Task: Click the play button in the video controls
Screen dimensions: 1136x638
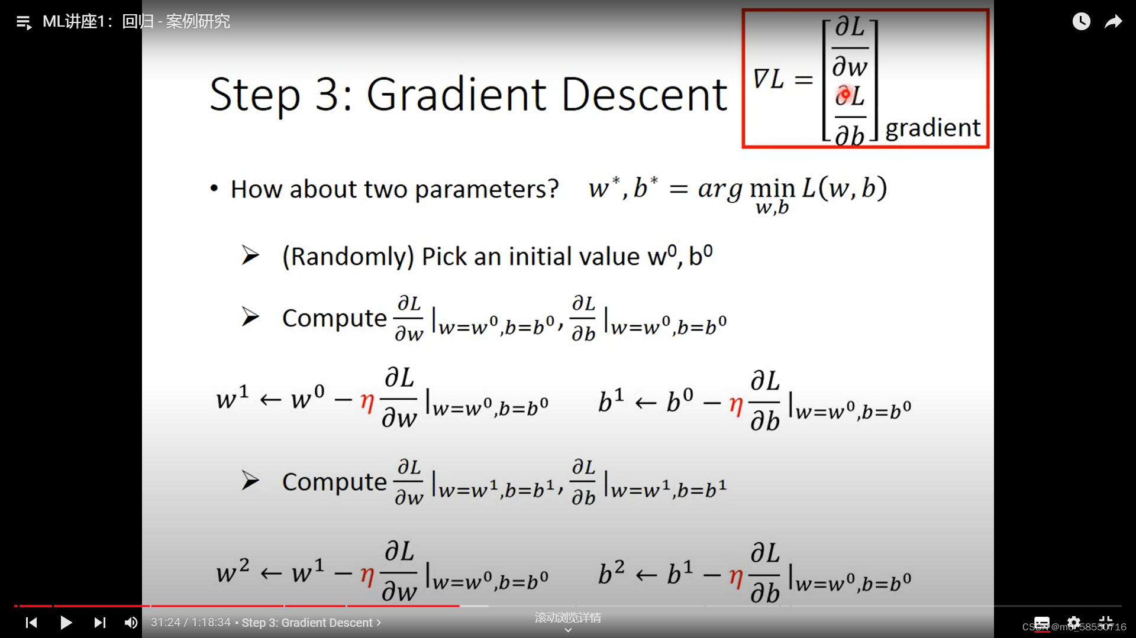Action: point(66,623)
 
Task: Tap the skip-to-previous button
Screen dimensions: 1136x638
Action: point(31,623)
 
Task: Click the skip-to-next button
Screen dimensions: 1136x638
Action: point(100,623)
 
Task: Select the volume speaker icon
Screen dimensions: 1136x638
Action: point(131,623)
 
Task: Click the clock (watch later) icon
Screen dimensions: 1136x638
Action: point(1081,22)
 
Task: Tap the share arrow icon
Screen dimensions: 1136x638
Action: point(1114,22)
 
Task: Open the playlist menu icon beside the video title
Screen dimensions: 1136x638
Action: point(24,23)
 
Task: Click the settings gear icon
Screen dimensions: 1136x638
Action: point(1074,623)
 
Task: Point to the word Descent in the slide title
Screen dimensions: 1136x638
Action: point(644,95)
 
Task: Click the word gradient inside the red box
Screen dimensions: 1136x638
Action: point(932,128)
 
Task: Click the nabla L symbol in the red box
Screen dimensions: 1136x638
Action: point(768,79)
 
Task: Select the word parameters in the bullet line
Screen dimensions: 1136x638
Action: point(486,189)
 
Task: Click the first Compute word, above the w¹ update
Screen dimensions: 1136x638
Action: point(334,318)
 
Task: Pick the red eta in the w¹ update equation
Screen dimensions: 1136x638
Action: point(367,402)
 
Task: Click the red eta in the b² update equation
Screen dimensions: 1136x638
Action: point(735,575)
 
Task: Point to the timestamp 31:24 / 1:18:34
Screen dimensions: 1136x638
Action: point(191,623)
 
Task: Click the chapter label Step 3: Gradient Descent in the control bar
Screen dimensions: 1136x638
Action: point(307,623)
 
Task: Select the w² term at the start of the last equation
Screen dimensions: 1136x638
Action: point(233,571)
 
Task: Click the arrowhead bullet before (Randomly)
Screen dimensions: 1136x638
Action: point(250,255)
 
